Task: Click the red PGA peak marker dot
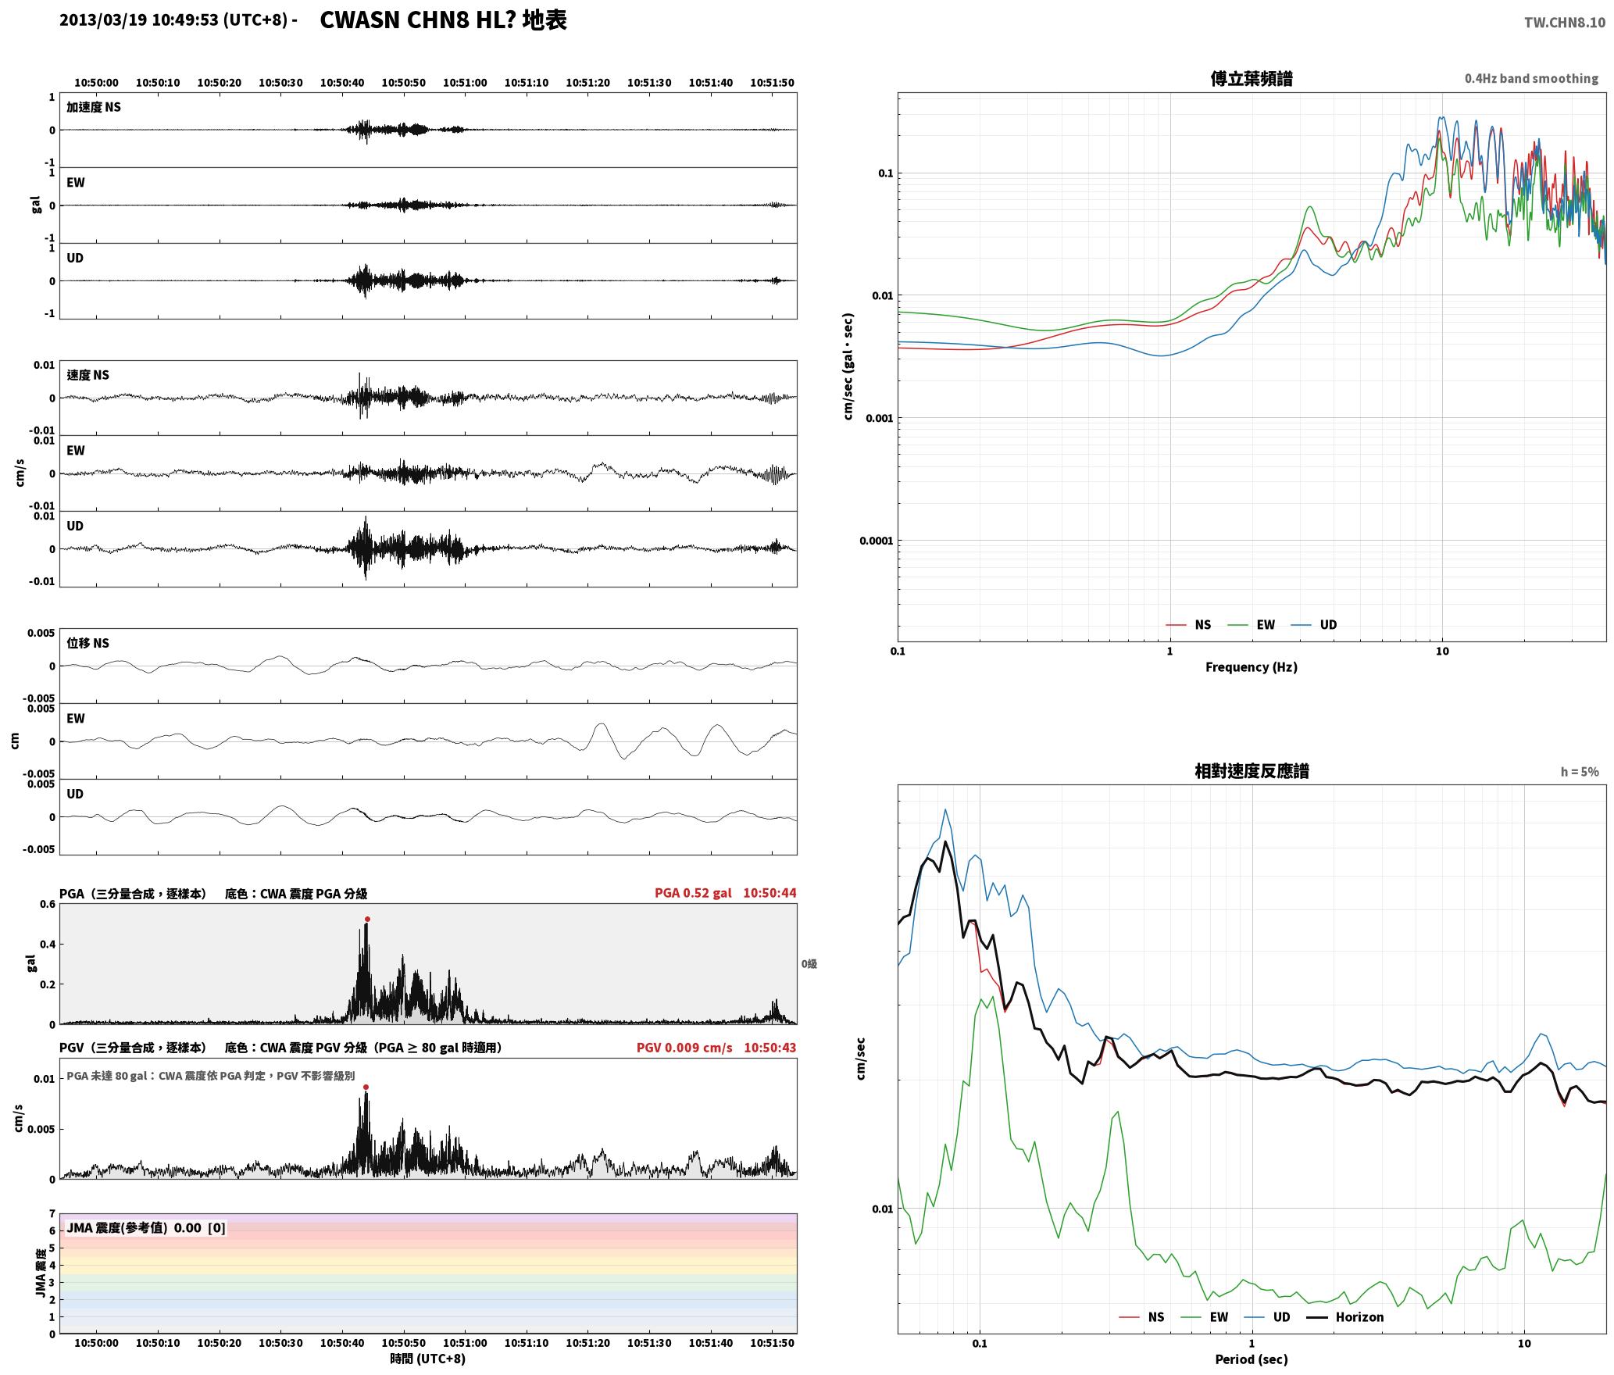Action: click(367, 920)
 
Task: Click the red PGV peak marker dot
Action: click(366, 1087)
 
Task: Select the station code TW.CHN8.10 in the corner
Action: click(1564, 23)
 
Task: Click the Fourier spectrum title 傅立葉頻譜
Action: click(1251, 79)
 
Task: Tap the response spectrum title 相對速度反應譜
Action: click(1252, 771)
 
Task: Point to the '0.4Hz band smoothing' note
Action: click(1531, 79)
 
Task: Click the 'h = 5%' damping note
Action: click(1580, 772)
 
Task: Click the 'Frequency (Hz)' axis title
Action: click(1251, 667)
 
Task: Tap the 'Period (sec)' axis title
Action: click(1251, 1359)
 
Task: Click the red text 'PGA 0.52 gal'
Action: click(693, 893)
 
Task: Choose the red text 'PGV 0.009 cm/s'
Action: click(684, 1048)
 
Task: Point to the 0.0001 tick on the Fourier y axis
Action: click(877, 541)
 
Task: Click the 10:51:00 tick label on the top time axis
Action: click(465, 83)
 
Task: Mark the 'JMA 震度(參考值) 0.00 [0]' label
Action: click(146, 1227)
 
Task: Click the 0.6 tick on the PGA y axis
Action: click(48, 905)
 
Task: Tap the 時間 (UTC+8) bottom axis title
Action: click(427, 1359)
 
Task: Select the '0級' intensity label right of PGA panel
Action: click(809, 964)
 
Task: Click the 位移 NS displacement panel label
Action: click(87, 643)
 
